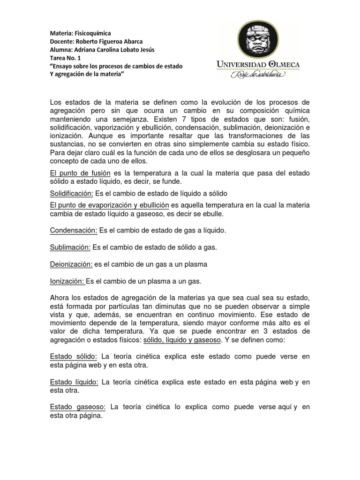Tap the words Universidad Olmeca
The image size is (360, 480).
(x=259, y=65)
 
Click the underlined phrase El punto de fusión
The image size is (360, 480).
(x=79, y=173)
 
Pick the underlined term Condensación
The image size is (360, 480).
(x=73, y=230)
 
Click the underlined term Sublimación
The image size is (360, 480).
(x=70, y=247)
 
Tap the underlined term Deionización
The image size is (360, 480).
(x=71, y=264)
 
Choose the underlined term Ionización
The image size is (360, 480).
(x=67, y=281)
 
